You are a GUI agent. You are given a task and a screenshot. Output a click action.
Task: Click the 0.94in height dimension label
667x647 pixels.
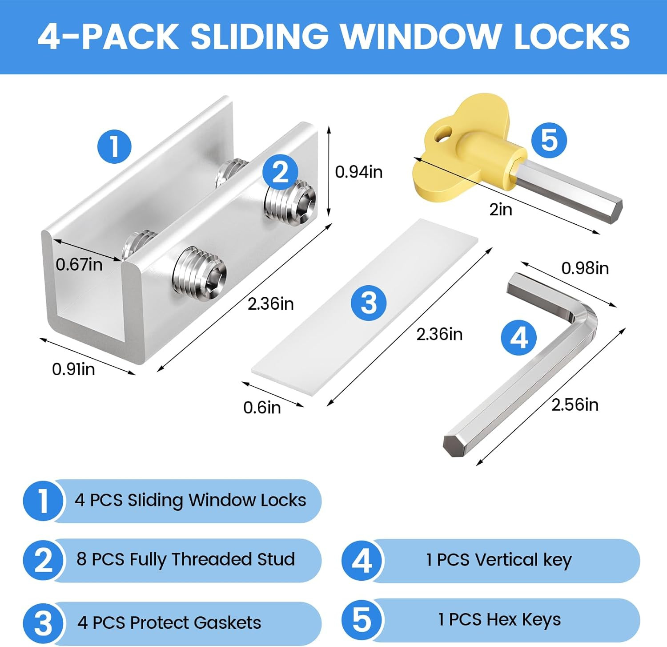coord(358,172)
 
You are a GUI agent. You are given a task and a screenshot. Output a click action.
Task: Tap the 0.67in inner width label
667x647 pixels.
coord(79,265)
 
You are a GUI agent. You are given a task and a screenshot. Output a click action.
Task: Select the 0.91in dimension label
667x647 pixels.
coord(73,369)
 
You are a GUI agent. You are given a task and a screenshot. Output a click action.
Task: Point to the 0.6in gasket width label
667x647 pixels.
coord(262,408)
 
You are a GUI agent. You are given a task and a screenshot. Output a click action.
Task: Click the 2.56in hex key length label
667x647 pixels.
coord(575,404)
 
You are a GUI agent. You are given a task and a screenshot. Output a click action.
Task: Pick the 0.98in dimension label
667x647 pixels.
coord(585,268)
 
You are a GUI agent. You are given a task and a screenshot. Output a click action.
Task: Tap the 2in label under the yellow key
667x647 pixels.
coord(501,209)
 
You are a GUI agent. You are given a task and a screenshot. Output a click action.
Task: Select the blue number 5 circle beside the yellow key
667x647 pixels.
coord(549,140)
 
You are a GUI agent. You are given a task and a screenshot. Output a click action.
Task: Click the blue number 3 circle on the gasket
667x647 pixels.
coord(369,303)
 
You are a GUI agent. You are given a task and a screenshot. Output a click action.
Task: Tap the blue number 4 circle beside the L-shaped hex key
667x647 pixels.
coord(518,337)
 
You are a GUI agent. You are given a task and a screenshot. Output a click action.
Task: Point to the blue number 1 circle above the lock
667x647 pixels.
coord(114,146)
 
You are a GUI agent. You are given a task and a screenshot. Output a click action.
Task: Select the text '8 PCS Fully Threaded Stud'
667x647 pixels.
coord(185,559)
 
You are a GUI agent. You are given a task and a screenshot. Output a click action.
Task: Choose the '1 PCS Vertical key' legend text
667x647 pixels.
coord(498,560)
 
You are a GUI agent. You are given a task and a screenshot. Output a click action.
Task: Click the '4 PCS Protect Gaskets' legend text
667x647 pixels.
coord(169,623)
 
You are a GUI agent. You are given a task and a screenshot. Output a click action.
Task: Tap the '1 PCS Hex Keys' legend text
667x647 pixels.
coord(499,619)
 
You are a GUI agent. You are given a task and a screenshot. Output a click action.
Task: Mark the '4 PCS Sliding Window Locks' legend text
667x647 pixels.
coord(190,500)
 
